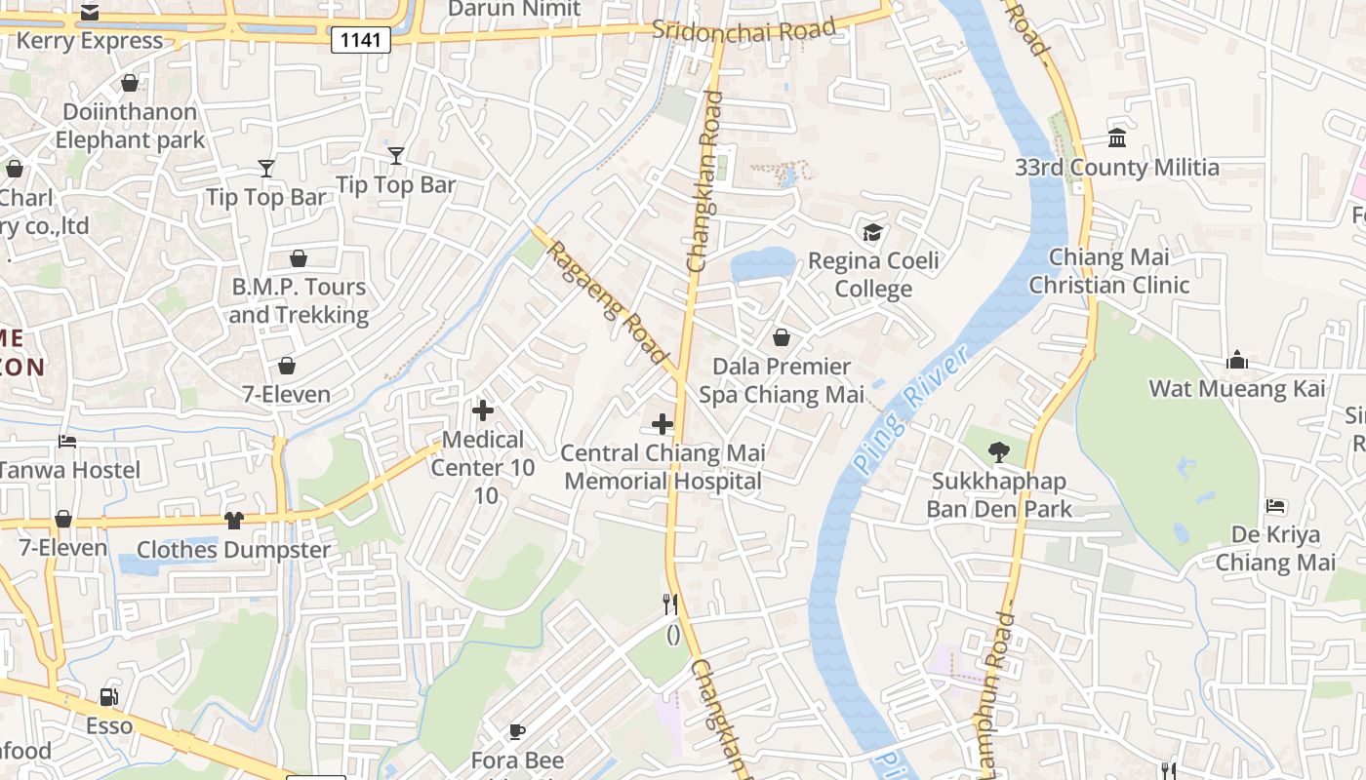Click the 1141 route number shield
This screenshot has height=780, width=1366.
361,40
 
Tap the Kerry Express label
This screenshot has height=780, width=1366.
90,41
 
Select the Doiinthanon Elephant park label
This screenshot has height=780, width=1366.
130,126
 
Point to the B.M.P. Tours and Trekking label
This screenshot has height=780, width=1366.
299,300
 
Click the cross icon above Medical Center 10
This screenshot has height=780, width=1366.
483,410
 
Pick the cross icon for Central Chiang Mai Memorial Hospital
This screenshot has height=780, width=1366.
663,424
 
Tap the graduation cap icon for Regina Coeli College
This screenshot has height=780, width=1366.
872,232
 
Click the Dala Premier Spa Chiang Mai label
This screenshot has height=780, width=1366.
782,380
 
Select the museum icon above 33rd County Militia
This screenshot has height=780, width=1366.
1117,137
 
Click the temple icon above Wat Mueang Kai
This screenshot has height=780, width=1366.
1237,360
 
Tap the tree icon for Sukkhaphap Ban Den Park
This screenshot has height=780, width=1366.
998,451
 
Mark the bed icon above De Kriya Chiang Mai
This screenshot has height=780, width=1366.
1275,505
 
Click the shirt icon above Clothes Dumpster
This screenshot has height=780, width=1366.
233,520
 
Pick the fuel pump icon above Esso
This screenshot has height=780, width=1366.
109,697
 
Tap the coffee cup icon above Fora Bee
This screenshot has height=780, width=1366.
517,731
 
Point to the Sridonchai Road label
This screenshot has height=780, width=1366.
743,29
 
